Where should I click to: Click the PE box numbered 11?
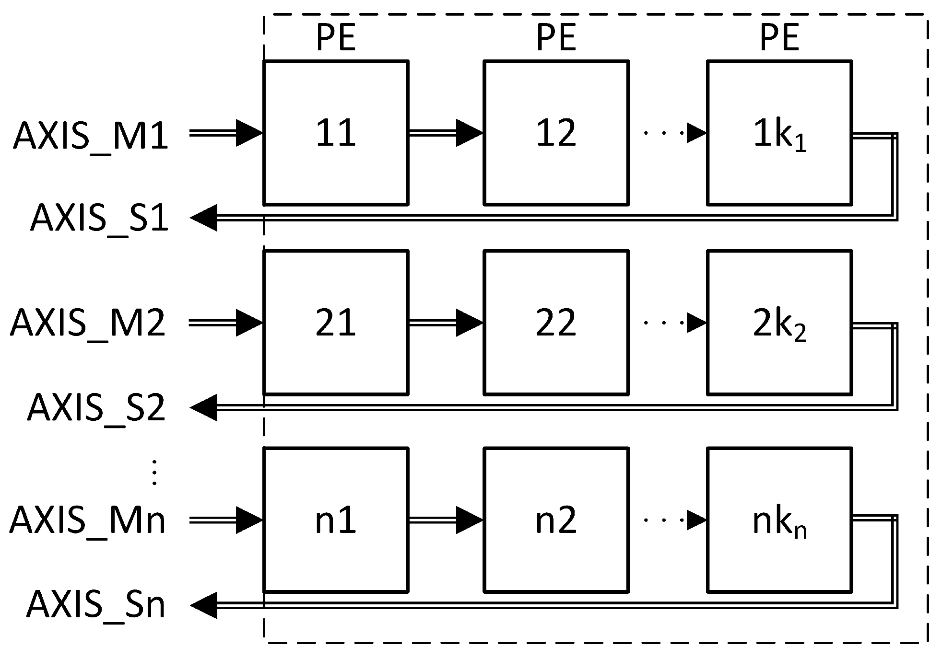tap(336, 133)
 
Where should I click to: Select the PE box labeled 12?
tap(556, 133)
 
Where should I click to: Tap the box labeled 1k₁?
tap(779, 133)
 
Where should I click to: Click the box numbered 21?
tap(336, 323)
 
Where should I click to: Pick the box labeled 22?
tap(556, 323)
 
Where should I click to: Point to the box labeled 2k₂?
tap(779, 323)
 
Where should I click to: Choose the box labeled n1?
tap(336, 520)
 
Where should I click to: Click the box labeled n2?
tap(556, 520)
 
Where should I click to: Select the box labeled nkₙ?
tap(779, 520)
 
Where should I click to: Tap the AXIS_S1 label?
tap(99, 219)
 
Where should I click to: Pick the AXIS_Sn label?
tap(96, 605)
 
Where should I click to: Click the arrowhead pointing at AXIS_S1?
tap(204, 218)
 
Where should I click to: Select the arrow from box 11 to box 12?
tap(445, 133)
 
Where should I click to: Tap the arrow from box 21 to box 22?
tap(445, 323)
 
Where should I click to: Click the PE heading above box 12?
tap(556, 37)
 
